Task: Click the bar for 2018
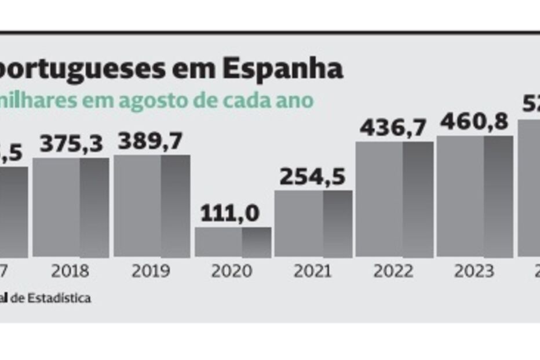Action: click(71, 207)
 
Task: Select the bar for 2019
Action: click(152, 206)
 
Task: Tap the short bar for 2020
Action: click(233, 242)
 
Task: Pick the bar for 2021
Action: click(313, 223)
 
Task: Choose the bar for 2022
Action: click(395, 199)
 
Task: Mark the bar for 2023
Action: click(475, 197)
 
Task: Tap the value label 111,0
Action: click(231, 213)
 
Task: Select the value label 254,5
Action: click(313, 177)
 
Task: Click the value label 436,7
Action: click(393, 128)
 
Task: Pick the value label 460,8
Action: click(475, 122)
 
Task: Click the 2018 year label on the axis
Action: click(70, 271)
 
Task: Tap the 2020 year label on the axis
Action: click(232, 271)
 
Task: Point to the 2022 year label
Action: click(394, 271)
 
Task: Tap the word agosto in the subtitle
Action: click(155, 100)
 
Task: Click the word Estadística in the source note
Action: click(60, 299)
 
